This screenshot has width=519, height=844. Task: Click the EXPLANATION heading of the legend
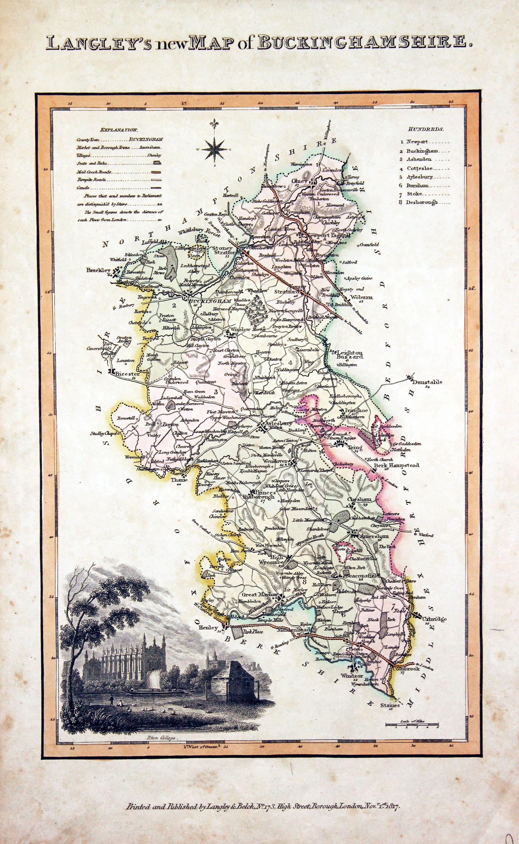[119, 130]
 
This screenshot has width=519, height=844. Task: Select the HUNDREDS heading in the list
[426, 129]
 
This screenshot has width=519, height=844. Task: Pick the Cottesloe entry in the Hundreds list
[419, 169]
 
